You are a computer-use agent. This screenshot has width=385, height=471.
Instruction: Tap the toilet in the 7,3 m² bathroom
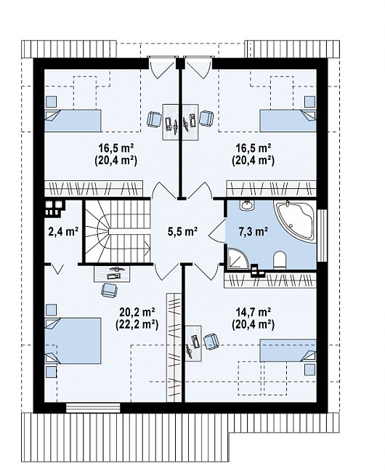point(280,259)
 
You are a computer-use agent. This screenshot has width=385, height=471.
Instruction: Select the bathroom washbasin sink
point(247,206)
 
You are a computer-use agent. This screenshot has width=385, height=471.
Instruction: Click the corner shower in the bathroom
point(237,258)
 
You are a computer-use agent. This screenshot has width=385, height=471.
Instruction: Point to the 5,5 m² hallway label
point(182,231)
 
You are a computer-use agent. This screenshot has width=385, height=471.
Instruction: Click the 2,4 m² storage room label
point(63,231)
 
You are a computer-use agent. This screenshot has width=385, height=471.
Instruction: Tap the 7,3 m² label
point(254,231)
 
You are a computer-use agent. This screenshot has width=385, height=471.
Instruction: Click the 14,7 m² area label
point(254,313)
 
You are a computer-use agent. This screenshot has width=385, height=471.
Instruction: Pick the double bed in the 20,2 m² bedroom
point(73,341)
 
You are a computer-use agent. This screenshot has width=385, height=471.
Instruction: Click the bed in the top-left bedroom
point(73,120)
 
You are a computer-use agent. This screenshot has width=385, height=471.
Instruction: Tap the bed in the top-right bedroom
point(288,120)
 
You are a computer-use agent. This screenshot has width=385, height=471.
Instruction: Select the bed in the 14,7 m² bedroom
point(288,350)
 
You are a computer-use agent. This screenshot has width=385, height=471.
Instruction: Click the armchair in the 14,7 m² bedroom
point(211,342)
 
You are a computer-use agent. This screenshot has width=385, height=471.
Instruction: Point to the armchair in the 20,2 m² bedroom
point(110,290)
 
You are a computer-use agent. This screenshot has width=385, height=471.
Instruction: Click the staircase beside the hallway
point(117,231)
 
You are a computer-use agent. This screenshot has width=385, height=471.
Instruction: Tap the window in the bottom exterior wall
point(93,408)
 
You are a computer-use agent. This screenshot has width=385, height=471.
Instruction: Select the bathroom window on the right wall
point(323,235)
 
